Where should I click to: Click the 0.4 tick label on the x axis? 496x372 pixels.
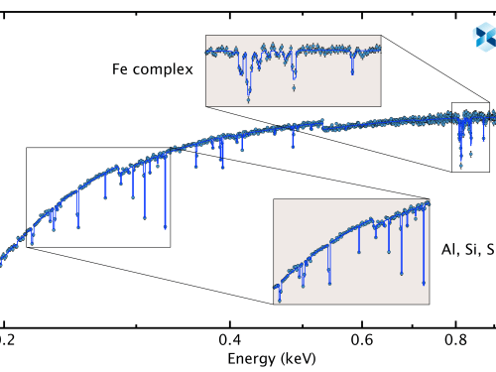click(229, 336)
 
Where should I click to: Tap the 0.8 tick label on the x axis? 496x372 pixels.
click(455, 336)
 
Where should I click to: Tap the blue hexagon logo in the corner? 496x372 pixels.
click(484, 38)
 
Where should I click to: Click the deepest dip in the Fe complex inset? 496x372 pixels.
click(248, 98)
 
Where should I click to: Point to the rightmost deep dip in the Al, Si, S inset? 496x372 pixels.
click(427, 283)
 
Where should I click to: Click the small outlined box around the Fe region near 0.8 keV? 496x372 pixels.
click(470, 137)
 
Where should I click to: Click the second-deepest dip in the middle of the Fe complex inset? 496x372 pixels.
click(294, 88)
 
